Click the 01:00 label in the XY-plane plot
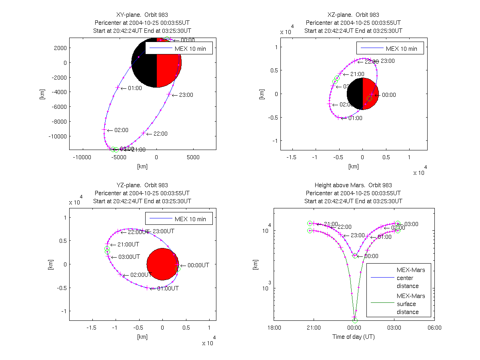[135, 88]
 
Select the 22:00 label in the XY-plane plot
[160, 134]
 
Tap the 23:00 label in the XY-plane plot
[186, 95]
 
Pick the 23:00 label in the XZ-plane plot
[387, 61]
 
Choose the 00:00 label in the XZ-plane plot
[388, 95]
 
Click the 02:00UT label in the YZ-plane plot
[140, 275]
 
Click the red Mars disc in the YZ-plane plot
[162, 264]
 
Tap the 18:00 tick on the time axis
[274, 328]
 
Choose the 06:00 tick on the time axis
[434, 328]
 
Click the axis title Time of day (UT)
[354, 337]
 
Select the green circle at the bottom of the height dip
[355, 320]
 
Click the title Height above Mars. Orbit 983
[354, 185]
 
